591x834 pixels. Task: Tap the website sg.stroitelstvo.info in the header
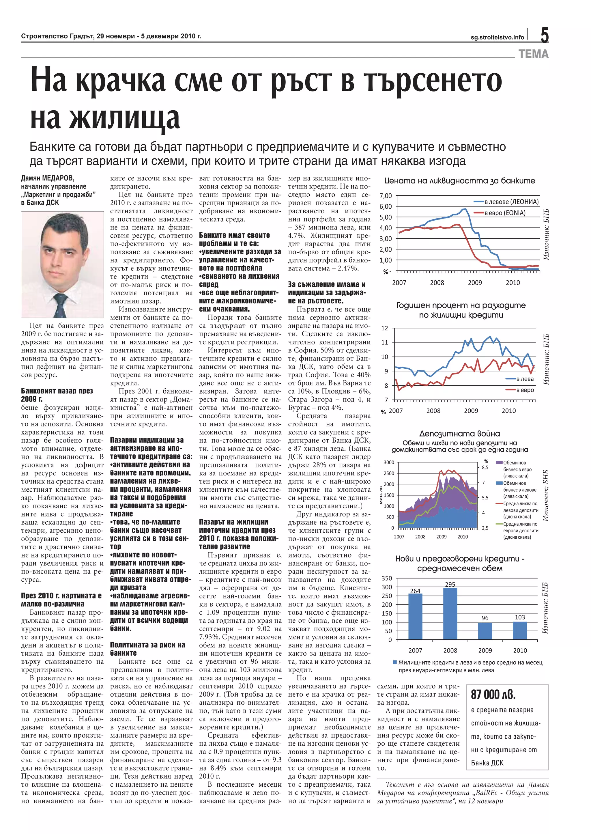coord(497,37)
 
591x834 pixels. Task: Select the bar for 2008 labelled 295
coord(450,613)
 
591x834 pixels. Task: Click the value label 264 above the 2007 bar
coord(415,591)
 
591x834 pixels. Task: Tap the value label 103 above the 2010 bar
coord(520,617)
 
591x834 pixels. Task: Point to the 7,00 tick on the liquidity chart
coord(386,196)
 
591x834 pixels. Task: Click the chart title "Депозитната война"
coord(460,434)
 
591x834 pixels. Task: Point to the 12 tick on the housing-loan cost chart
coord(385,328)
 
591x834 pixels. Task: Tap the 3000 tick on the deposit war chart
coord(389,462)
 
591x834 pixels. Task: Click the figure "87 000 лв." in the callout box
coord(493,695)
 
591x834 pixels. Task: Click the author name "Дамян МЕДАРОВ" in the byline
coord(48,178)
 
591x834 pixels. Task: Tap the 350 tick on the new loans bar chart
coord(387,578)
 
